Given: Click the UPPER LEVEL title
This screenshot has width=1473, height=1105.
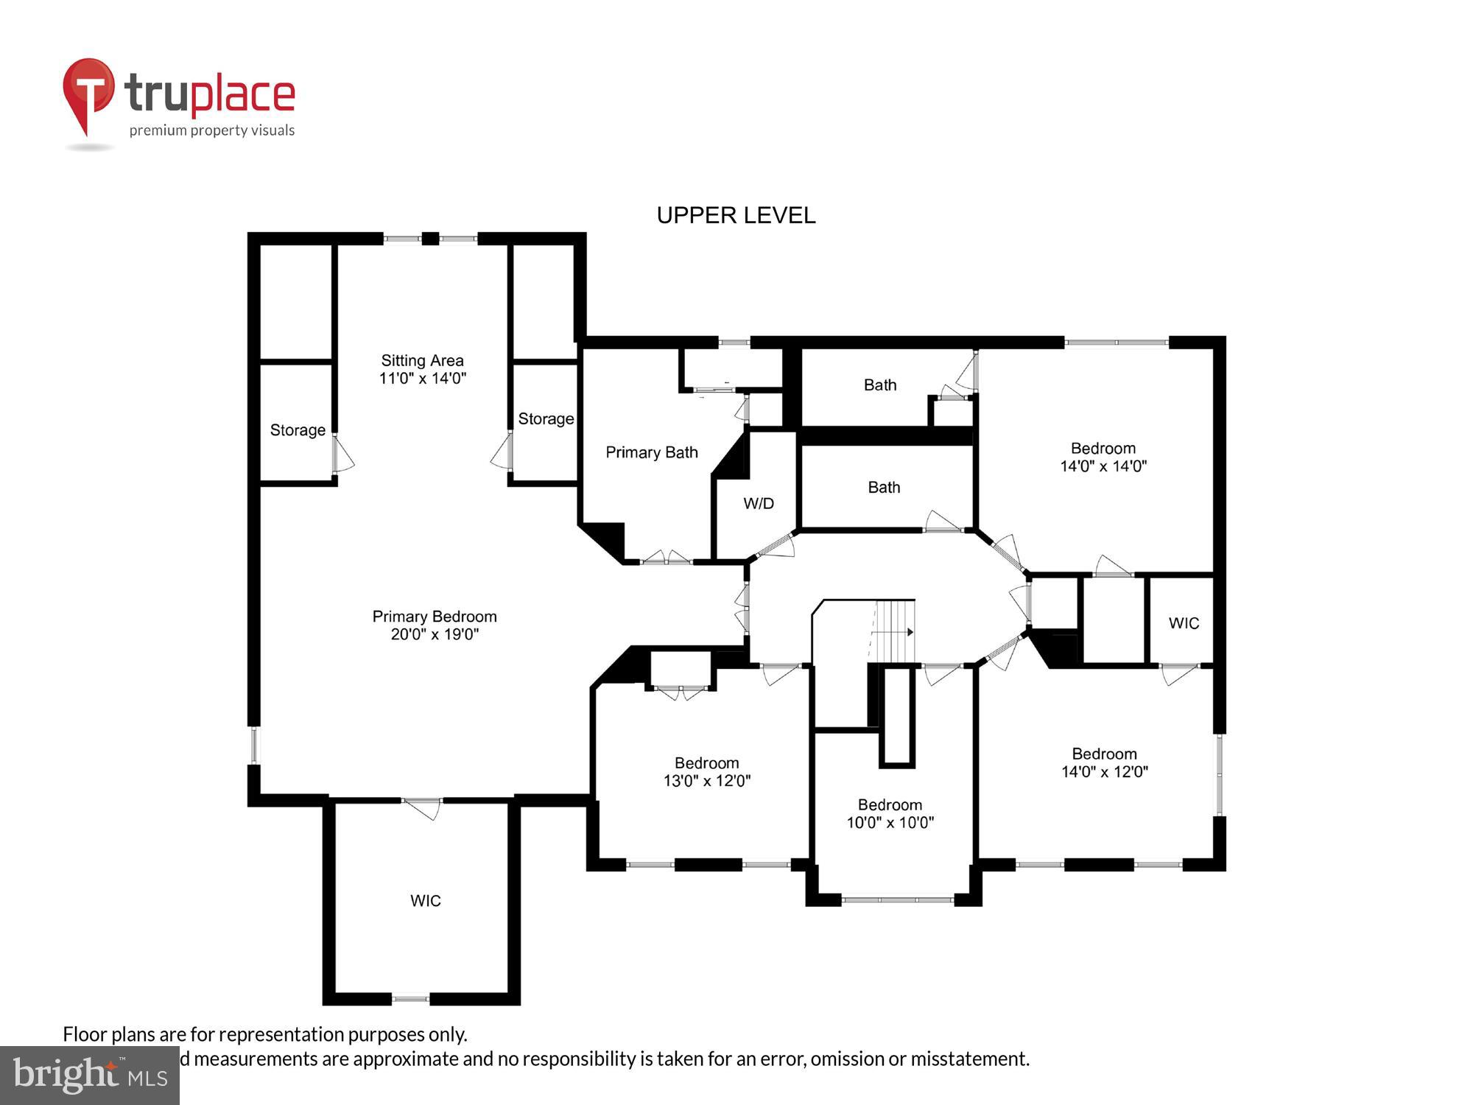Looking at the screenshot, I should coord(736,215).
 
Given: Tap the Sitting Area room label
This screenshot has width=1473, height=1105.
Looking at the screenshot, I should coord(422,369).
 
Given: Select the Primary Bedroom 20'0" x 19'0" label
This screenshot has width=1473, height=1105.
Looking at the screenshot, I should coord(435,625).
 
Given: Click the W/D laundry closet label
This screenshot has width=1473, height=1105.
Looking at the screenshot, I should coord(759,503).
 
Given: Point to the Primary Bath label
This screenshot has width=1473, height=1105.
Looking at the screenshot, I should coord(651,452).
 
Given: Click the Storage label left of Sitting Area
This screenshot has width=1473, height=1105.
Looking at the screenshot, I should coord(298,429).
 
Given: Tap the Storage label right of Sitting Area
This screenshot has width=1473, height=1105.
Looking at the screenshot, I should coord(546,418).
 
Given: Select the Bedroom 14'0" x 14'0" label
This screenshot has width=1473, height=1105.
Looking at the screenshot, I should coord(1103,457).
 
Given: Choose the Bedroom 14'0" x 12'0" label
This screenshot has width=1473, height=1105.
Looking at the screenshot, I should coord(1104,762).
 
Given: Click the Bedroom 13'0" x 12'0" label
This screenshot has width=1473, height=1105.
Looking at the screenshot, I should coord(706,771).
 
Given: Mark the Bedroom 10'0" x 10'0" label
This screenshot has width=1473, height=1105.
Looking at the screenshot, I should coord(890,813).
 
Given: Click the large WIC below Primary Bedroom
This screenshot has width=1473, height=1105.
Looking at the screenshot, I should coord(425,900).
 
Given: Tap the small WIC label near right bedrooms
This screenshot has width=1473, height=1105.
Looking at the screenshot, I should coord(1184,623).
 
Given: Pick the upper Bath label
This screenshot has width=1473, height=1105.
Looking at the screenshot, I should coord(880,385).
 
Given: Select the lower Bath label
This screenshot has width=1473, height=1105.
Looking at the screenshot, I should coord(884,487).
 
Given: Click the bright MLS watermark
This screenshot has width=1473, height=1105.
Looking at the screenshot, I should coord(90,1076).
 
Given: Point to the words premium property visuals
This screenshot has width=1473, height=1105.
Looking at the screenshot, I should coord(212,130).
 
